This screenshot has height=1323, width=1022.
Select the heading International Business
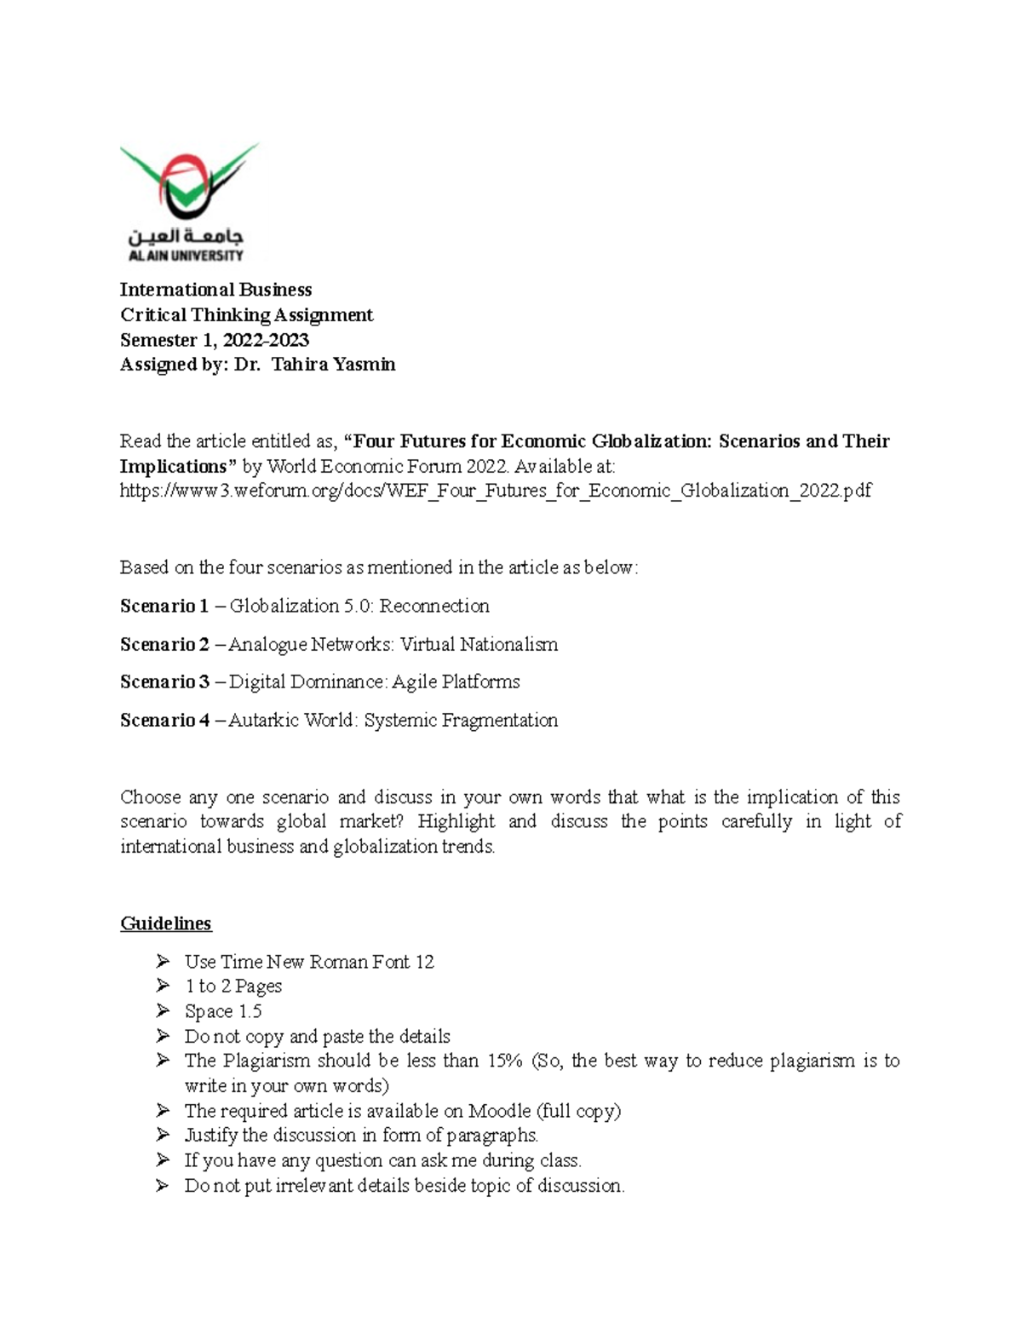coord(215,290)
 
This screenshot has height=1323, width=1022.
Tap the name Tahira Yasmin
coord(333,365)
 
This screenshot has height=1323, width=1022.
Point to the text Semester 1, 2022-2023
coord(214,340)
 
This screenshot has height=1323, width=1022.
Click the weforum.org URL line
coord(496,491)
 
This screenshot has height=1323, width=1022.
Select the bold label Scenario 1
coord(164,607)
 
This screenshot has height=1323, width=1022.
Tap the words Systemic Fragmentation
coord(461,721)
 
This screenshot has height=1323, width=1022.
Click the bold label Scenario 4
coord(164,721)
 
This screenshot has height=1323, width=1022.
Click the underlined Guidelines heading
coord(165,923)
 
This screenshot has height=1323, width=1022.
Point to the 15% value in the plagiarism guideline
coord(505,1061)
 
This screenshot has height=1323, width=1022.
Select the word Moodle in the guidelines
coord(499,1111)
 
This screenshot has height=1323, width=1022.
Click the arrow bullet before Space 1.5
coord(163,1011)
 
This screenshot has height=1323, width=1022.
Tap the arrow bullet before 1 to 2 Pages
coord(163,986)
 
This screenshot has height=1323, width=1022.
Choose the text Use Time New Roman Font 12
coord(309,962)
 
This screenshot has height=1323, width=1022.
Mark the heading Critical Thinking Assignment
coord(246,315)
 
